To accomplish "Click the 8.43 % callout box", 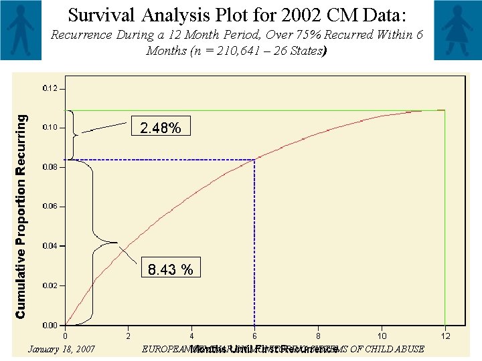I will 171,269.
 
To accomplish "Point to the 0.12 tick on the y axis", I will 50,88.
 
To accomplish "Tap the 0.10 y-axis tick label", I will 50,128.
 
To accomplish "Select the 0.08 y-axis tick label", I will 50,167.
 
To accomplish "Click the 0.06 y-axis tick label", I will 50,207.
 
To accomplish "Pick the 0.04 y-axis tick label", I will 50,246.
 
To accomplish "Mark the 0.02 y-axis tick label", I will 50,285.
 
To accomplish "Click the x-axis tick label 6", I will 254,335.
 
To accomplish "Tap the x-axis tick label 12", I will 445,335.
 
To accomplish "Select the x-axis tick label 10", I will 382,335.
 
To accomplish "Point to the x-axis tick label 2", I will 128,335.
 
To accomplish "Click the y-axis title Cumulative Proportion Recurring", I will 21,215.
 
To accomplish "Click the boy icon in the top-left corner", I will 23,30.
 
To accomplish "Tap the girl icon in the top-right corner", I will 457,30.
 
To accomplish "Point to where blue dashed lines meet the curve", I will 254,160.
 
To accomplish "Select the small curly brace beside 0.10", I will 74,134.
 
